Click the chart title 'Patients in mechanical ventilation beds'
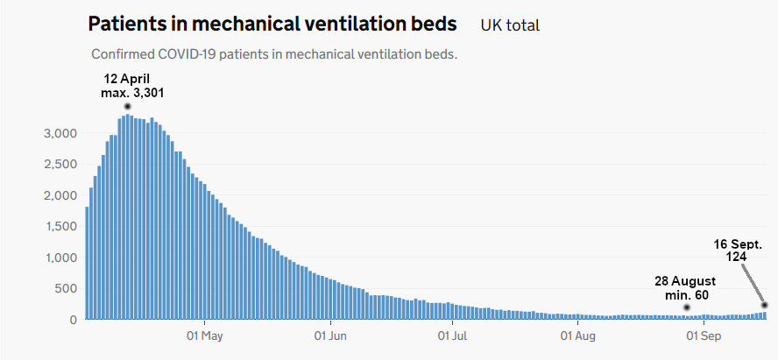point(272,24)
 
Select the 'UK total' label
point(510,25)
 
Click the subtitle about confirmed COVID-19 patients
point(274,54)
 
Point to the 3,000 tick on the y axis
point(61,133)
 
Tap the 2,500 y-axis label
point(61,165)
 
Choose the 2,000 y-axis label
point(61,195)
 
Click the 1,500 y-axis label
point(61,227)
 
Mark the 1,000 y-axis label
point(61,258)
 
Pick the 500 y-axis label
point(67,289)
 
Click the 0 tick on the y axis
point(74,321)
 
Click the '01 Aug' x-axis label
point(578,335)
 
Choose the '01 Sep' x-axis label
point(703,335)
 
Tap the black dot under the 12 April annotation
point(128,106)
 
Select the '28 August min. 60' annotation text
point(686,288)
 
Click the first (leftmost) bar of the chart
point(87,264)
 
